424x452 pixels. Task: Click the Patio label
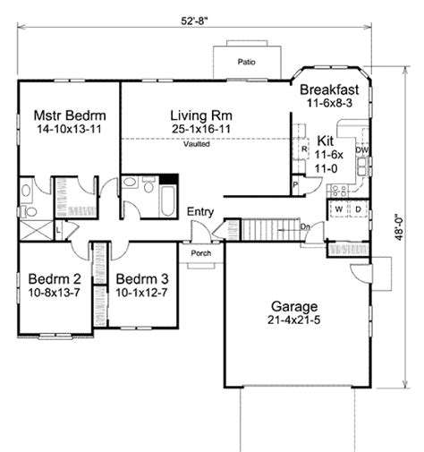(x=247, y=63)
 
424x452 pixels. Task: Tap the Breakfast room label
(x=329, y=90)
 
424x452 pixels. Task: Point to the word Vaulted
(x=199, y=144)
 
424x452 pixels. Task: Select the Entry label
(x=199, y=211)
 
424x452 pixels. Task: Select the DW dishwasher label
(x=361, y=150)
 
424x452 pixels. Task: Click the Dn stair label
(x=304, y=227)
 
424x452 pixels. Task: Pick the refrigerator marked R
(x=305, y=149)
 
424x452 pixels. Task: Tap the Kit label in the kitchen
(x=326, y=141)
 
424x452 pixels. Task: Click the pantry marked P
(x=294, y=185)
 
